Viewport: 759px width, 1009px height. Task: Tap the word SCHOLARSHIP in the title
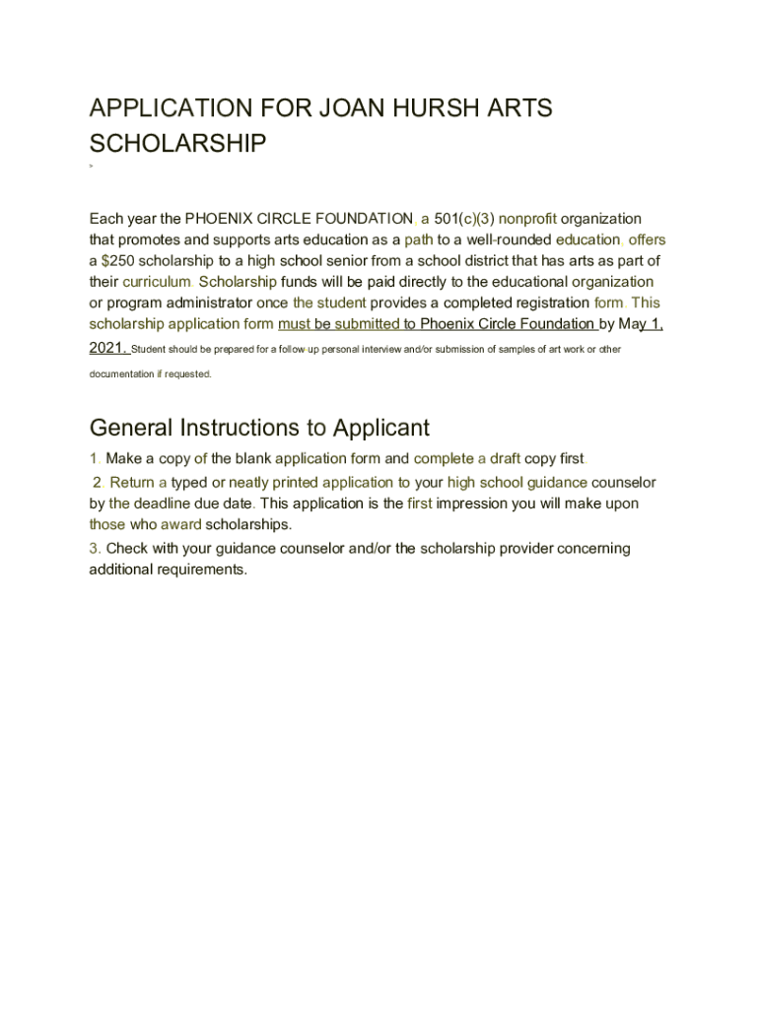pos(177,144)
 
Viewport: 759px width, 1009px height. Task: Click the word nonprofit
pos(527,218)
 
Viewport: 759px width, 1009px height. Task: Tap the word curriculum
pos(156,281)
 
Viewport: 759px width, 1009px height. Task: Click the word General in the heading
pos(132,428)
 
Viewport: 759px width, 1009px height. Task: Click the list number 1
pos(94,458)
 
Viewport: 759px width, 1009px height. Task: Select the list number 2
pos(98,482)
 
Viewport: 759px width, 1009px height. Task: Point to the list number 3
pos(94,548)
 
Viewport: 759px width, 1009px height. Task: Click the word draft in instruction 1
pos(505,458)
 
